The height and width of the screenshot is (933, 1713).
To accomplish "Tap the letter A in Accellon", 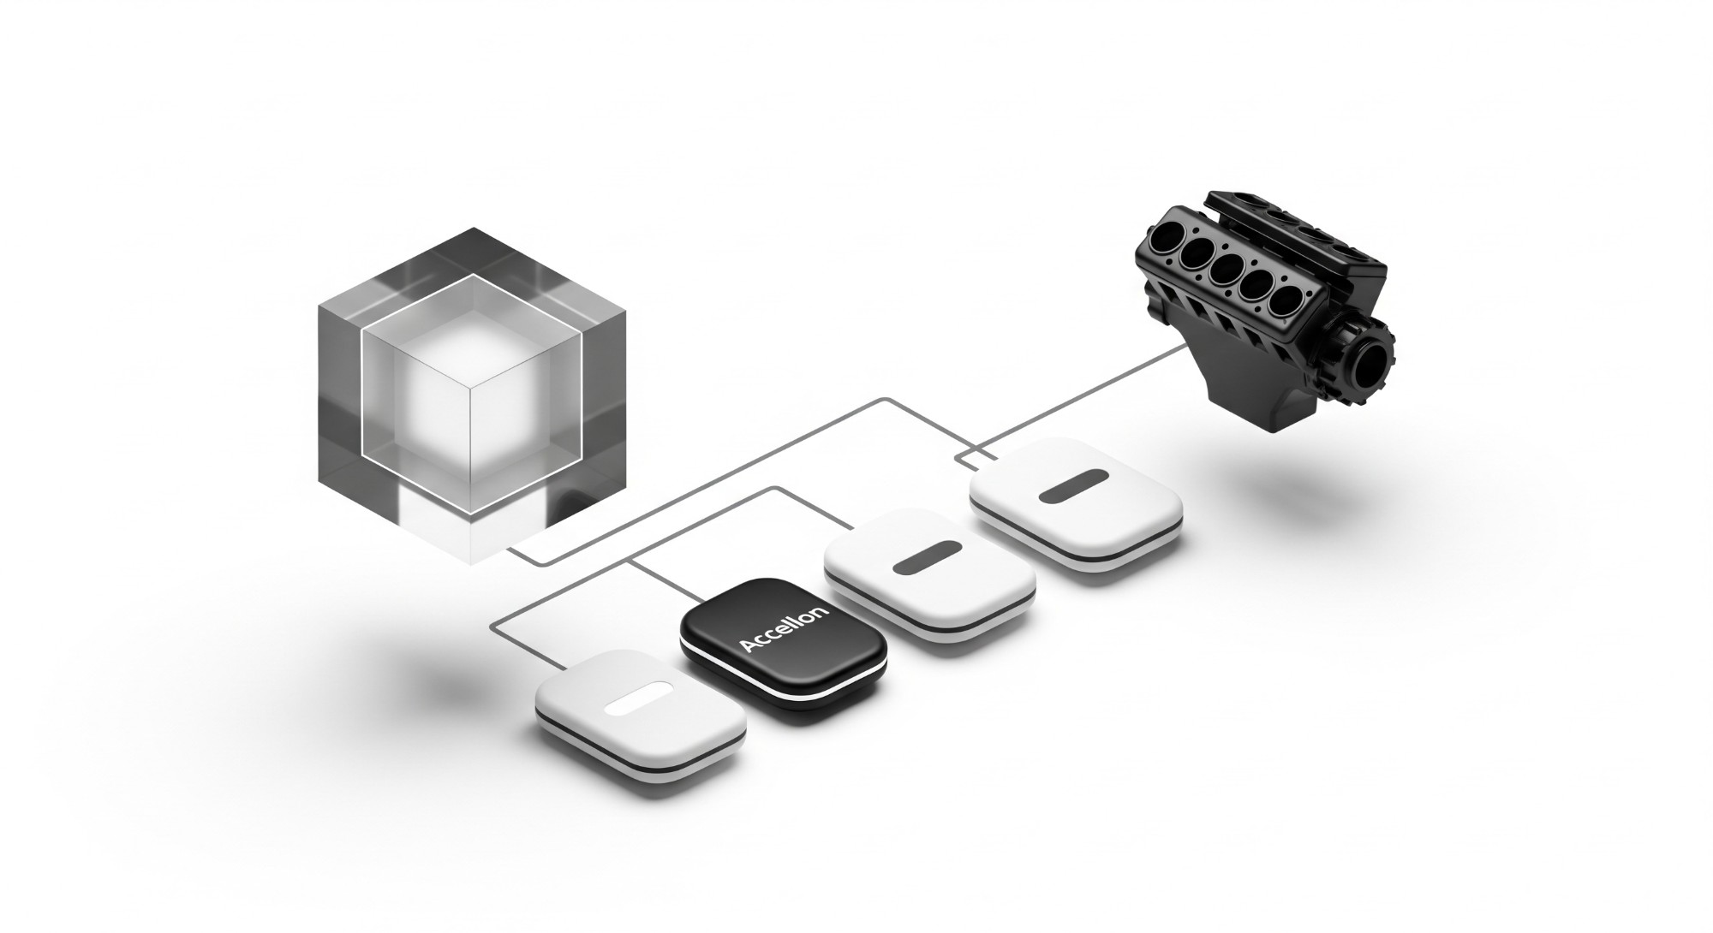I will pos(747,646).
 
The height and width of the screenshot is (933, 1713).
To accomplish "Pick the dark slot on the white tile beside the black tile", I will pos(928,556).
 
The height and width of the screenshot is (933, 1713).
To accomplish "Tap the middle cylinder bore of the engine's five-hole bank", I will pos(1227,268).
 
